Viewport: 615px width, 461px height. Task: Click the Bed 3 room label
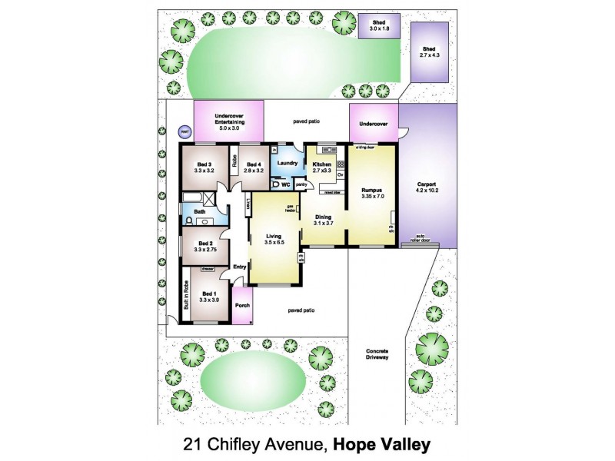point(204,164)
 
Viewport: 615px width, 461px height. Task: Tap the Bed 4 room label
point(254,164)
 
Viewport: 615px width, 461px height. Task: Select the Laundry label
point(288,163)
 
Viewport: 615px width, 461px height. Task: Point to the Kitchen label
point(321,164)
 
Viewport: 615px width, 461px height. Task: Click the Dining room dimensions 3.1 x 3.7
point(322,224)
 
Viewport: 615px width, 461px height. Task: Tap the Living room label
point(274,236)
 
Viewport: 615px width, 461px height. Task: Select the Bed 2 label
point(204,242)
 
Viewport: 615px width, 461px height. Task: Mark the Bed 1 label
point(209,293)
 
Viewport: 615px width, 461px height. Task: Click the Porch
point(242,306)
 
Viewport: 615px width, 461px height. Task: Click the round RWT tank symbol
point(184,132)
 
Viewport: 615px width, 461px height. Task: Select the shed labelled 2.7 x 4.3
point(430,51)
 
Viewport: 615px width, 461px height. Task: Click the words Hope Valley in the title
point(383,443)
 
